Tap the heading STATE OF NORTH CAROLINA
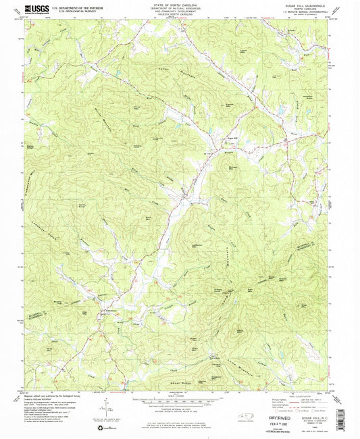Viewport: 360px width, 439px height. coord(179,5)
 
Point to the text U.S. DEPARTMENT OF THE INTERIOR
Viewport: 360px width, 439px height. coord(76,7)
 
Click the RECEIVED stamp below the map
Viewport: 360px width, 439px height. coord(268,409)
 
